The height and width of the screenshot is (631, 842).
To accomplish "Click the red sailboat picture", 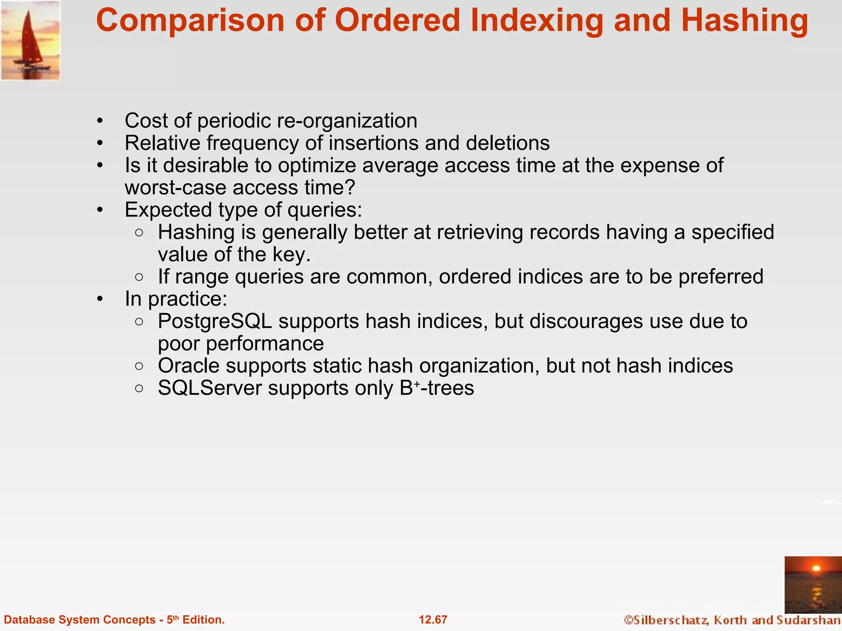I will tap(30, 40).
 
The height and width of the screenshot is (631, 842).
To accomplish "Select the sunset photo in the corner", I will tap(813, 585).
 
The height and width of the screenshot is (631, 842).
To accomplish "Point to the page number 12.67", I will tap(433, 619).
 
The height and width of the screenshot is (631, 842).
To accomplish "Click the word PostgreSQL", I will tap(215, 321).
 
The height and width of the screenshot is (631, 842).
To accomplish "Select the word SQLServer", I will tap(210, 388).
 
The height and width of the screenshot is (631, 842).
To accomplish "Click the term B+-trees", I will tap(437, 388).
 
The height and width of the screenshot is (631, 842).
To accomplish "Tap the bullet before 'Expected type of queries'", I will tap(100, 210).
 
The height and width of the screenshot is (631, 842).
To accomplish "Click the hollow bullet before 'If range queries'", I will tap(139, 277).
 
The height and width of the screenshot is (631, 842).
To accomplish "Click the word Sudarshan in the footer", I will tap(808, 619).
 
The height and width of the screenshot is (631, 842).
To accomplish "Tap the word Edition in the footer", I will tap(203, 619).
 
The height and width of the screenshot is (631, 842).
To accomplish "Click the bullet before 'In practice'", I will tap(100, 299).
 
